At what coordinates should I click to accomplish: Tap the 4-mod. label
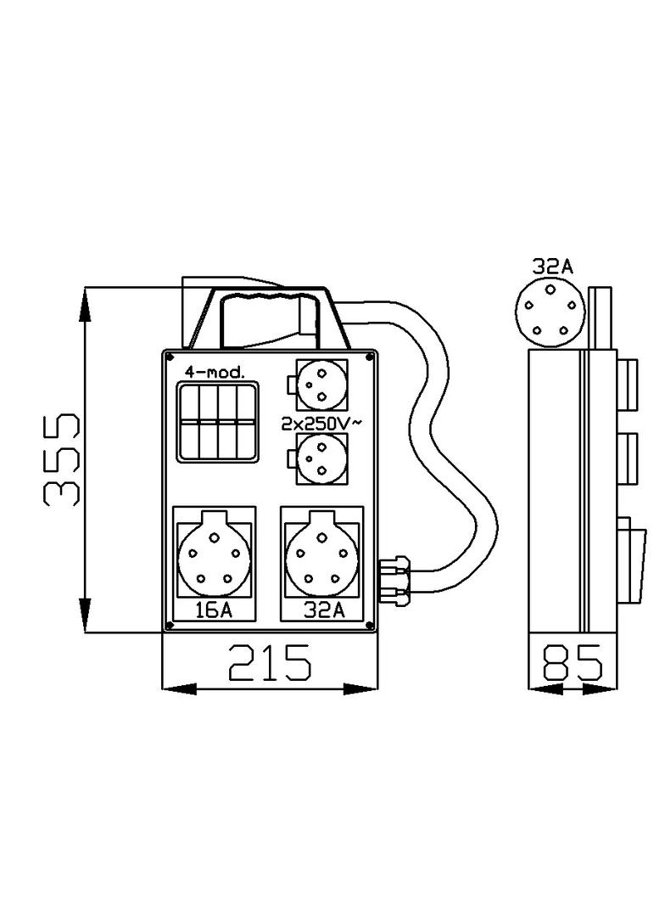coord(215,372)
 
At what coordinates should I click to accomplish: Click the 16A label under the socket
coord(213,610)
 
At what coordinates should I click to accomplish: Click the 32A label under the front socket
coord(322,610)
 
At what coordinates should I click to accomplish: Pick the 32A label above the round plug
coord(552,267)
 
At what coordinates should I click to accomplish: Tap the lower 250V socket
coord(321,459)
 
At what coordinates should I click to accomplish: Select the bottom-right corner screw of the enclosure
coord(370,626)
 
